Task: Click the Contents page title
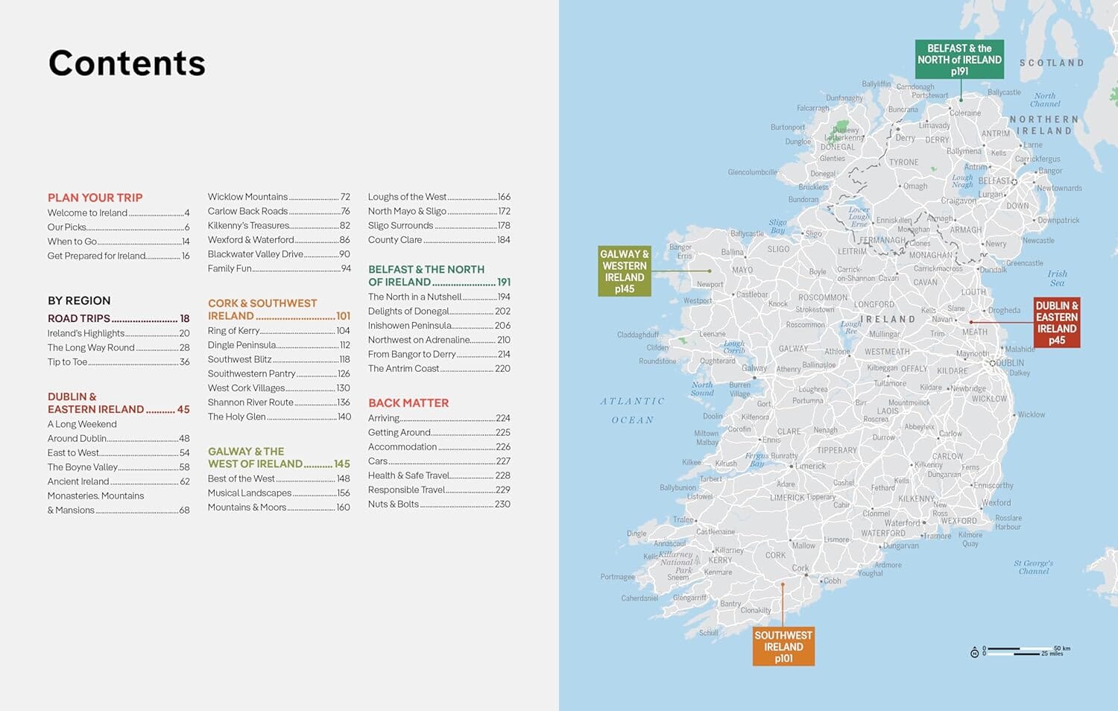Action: point(127,63)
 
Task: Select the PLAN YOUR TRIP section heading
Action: point(95,197)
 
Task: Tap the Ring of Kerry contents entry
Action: point(233,331)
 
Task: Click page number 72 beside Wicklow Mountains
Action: point(345,197)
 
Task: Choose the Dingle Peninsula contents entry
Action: point(241,345)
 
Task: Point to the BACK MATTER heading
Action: point(408,403)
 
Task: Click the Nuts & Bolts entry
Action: point(393,505)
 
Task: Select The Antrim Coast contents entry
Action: point(403,369)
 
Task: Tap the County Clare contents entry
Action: point(395,240)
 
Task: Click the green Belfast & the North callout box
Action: point(959,60)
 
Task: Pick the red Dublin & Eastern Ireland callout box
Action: point(1056,323)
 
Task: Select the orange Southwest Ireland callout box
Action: point(783,646)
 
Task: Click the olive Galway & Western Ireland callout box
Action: point(624,271)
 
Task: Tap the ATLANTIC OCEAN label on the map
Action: point(632,411)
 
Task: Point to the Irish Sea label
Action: point(1057,278)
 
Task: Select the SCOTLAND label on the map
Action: point(1051,63)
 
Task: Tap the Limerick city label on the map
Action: point(810,466)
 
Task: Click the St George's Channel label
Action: point(1033,567)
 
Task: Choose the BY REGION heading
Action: point(79,301)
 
